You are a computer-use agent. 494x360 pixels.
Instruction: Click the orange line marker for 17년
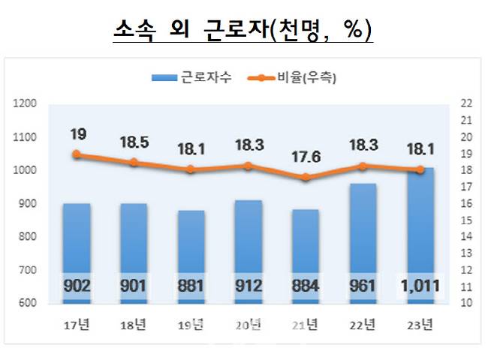point(77,154)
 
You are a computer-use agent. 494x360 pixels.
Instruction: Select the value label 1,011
point(421,286)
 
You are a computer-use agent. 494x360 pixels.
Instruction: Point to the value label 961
point(364,286)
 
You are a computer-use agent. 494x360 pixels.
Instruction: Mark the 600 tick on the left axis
point(26,303)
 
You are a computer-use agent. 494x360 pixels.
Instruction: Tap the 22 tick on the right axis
point(465,103)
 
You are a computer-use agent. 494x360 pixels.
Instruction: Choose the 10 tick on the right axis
point(465,303)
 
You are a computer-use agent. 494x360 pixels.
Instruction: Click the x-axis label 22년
point(364,325)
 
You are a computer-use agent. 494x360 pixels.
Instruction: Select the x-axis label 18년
point(134,325)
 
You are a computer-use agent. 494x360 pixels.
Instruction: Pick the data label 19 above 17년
point(78,134)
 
